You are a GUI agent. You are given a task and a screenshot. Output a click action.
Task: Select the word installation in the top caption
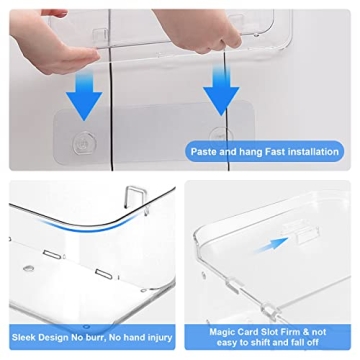point(321,153)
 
